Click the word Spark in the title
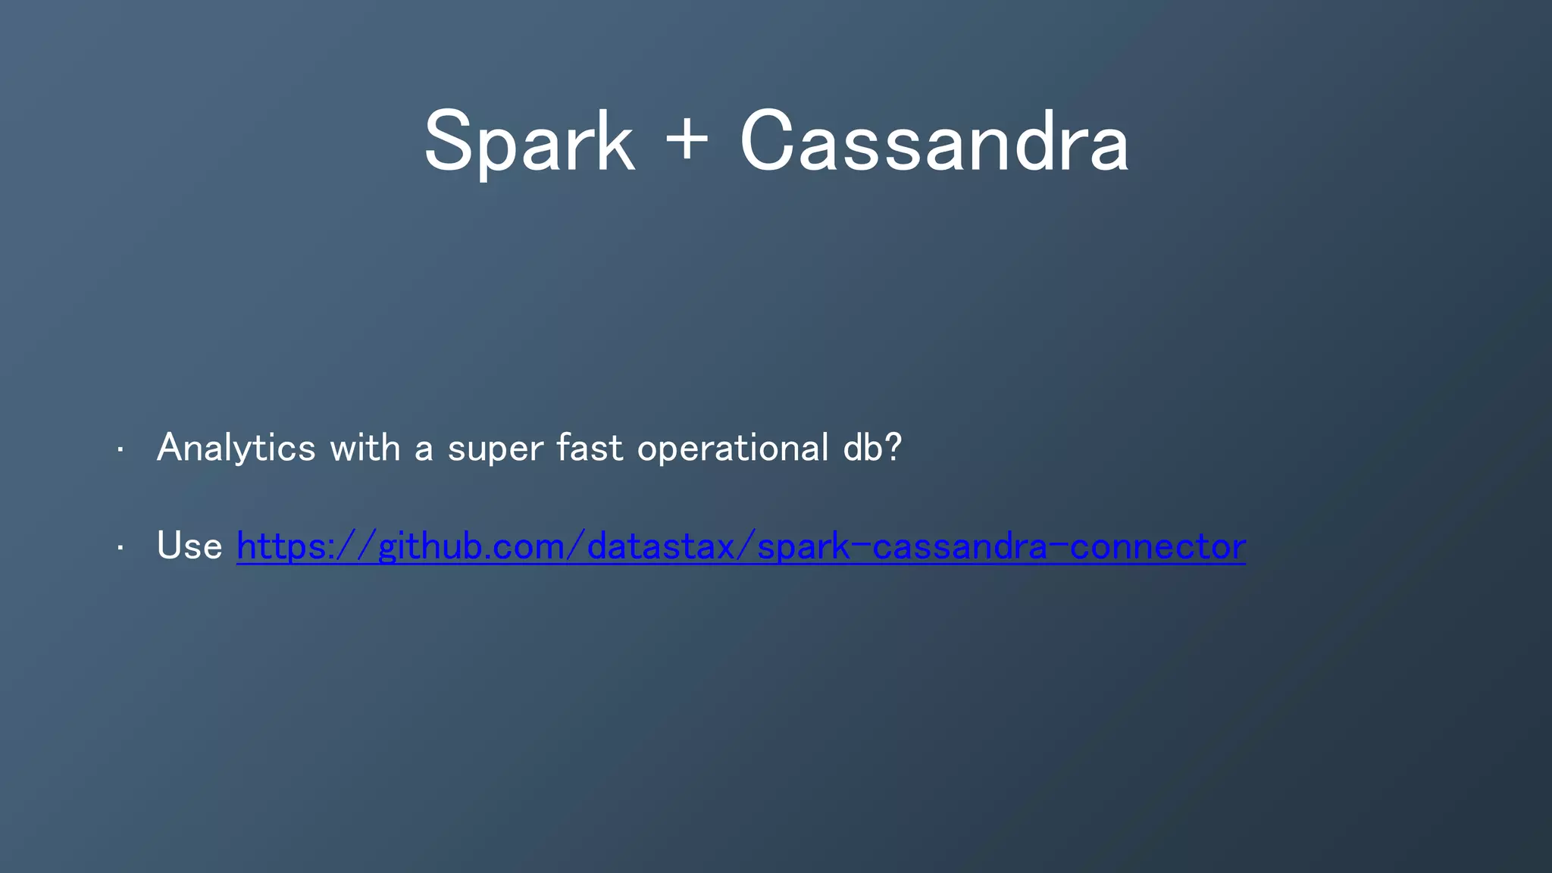coord(528,142)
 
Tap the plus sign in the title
coord(686,139)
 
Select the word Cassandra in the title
coord(934,142)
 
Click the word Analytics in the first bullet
coord(236,448)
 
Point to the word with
coord(365,448)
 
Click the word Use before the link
coord(189,546)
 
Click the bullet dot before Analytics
coord(120,450)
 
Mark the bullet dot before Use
coord(120,548)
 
